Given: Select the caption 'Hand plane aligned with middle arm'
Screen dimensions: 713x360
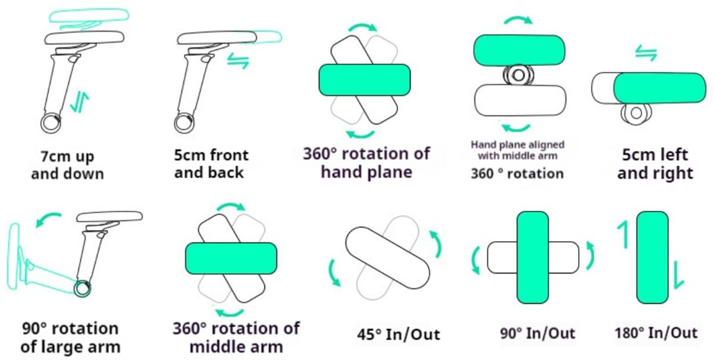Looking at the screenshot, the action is point(518,150).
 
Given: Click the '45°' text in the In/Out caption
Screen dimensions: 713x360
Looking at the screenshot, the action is point(369,334).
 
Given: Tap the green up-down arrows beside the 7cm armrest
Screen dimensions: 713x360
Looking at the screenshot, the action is point(79,103).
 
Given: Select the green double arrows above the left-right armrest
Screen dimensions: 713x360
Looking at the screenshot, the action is point(646,53).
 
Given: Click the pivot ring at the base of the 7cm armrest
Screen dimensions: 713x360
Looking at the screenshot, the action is point(51,123).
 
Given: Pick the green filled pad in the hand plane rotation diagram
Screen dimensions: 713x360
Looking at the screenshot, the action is point(364,80).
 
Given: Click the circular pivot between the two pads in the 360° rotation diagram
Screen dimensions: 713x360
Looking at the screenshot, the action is point(518,75).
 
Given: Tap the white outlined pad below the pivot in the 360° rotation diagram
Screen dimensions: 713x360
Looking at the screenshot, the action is point(520,100).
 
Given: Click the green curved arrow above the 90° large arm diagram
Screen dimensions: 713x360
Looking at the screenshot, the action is point(48,219).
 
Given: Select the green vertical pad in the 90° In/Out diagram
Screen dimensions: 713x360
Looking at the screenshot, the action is point(533,257).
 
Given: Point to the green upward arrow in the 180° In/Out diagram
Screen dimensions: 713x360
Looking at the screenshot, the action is point(623,234).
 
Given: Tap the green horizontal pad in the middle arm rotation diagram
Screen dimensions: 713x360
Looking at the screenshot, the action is point(231,258).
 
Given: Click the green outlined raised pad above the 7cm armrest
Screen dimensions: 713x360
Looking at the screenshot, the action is point(89,16).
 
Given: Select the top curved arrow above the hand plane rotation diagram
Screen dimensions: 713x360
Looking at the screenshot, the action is point(363,27).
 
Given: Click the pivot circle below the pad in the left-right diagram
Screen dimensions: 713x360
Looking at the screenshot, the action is point(636,113).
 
